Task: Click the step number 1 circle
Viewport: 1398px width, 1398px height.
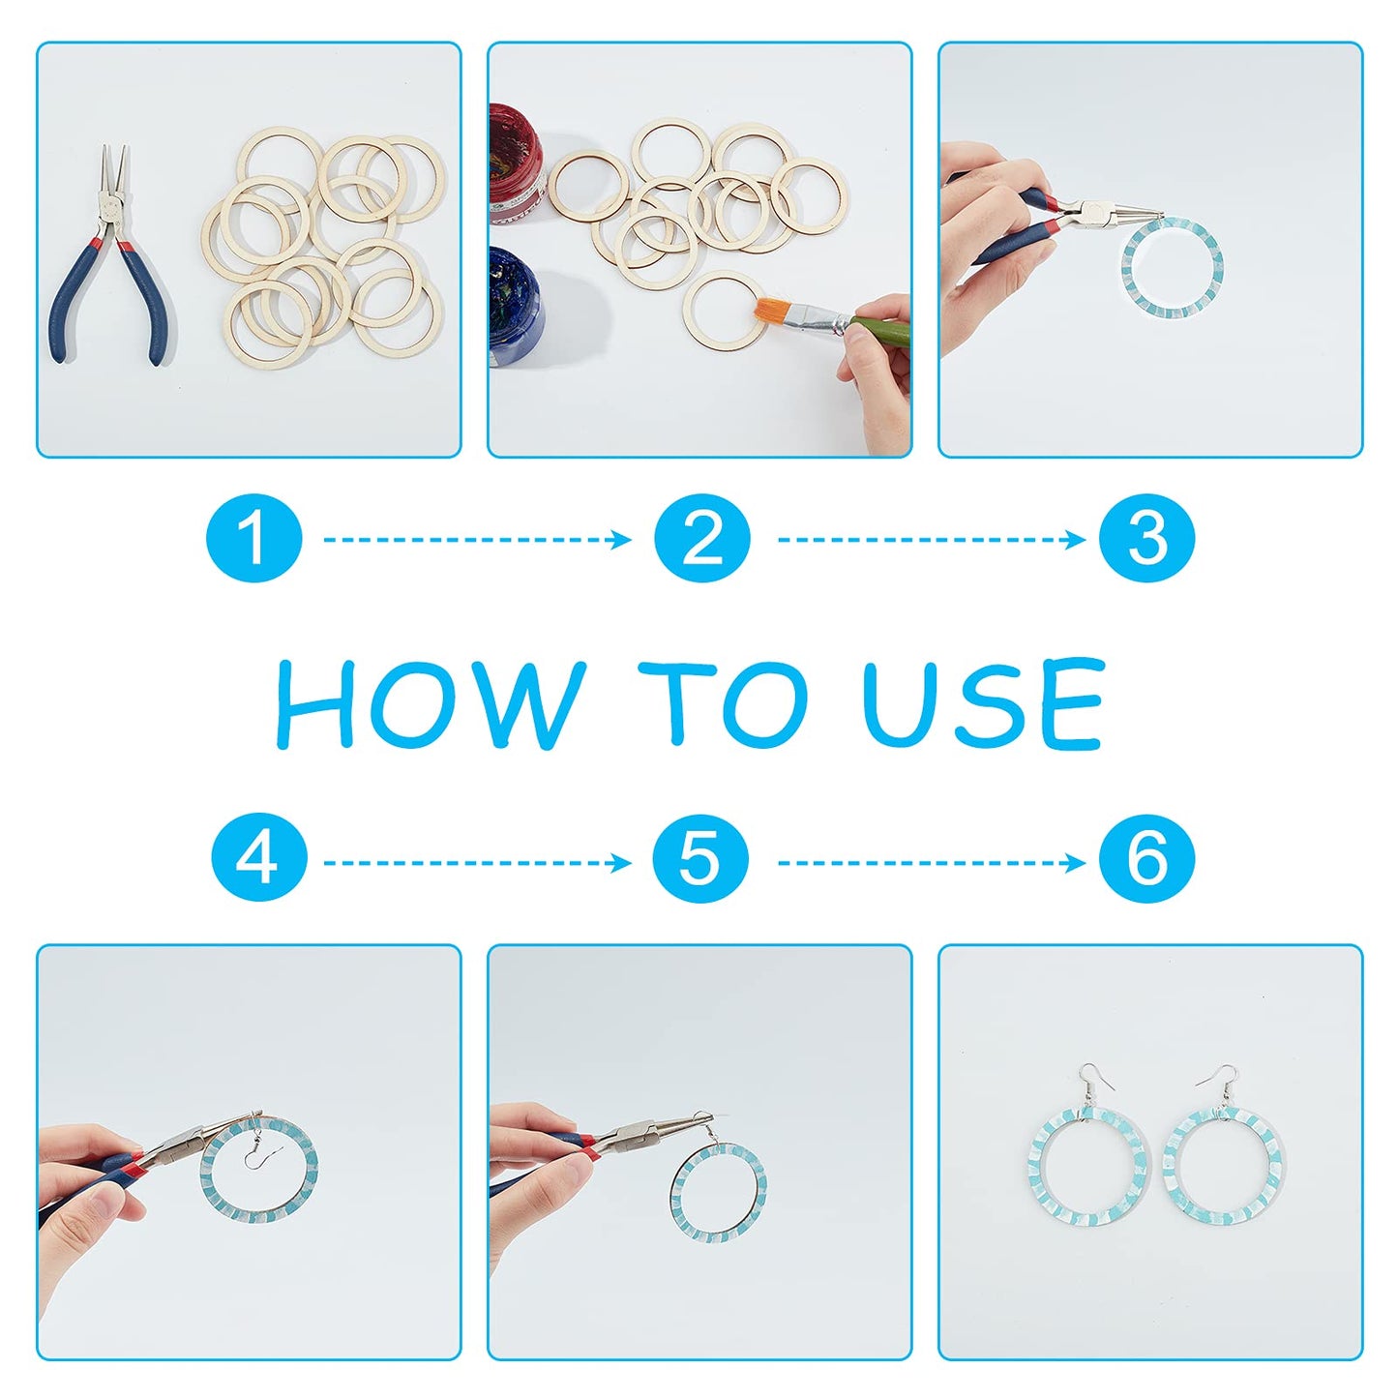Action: pyautogui.click(x=253, y=538)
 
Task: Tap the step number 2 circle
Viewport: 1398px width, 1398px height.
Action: pyautogui.click(x=700, y=538)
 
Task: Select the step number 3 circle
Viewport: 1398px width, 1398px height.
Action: pyautogui.click(x=1146, y=538)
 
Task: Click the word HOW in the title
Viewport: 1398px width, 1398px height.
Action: pyautogui.click(x=431, y=703)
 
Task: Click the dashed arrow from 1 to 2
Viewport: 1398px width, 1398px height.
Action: pyautogui.click(x=477, y=539)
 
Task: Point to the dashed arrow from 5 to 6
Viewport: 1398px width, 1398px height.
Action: pyautogui.click(x=932, y=863)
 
